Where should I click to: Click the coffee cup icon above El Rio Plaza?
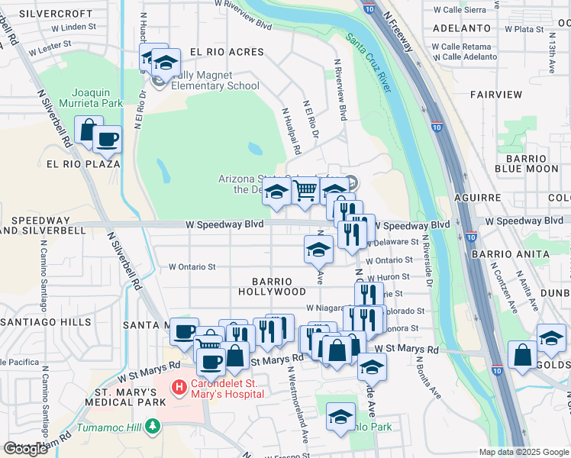point(107,139)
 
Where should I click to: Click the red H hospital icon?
point(179,388)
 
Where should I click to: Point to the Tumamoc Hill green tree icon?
point(153,425)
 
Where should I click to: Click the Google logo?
point(25,449)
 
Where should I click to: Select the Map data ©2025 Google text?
point(523,452)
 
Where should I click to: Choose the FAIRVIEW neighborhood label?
point(496,95)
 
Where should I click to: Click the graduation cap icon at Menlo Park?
point(340,416)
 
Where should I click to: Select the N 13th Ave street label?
point(550,57)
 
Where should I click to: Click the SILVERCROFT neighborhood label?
point(49,14)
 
